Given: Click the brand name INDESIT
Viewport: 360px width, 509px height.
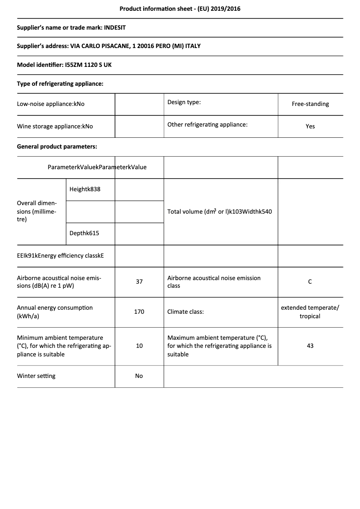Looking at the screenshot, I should (x=115, y=27).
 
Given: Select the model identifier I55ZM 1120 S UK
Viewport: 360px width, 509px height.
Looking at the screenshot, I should (x=88, y=65).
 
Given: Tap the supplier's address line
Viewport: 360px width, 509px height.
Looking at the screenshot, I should (x=109, y=46).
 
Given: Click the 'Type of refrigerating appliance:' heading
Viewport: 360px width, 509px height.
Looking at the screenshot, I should (x=60, y=83).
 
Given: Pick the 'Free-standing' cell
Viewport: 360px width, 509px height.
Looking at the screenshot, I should (x=310, y=104).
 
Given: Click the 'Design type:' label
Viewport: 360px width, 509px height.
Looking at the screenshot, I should (x=184, y=102).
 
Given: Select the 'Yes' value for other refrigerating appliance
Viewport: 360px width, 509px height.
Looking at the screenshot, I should (x=310, y=127).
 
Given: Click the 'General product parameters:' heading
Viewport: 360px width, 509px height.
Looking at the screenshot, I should (x=57, y=146).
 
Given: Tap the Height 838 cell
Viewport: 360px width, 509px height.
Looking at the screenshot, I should (x=85, y=189).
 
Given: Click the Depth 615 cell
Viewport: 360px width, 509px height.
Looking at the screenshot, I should (x=84, y=233).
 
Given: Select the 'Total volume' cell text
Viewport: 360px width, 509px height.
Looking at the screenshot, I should (x=220, y=211).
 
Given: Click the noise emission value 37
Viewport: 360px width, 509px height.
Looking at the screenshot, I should (x=139, y=282).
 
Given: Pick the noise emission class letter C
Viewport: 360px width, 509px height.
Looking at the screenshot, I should (x=310, y=282).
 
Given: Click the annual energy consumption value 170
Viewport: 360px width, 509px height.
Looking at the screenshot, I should (x=139, y=312).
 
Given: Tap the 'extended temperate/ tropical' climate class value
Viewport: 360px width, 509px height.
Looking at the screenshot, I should (x=310, y=312).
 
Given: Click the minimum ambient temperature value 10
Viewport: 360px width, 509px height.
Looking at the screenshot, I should (x=139, y=346).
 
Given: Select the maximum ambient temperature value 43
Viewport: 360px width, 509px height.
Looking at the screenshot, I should (x=310, y=346).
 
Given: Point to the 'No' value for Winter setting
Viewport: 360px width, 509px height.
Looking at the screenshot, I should (x=139, y=376).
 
